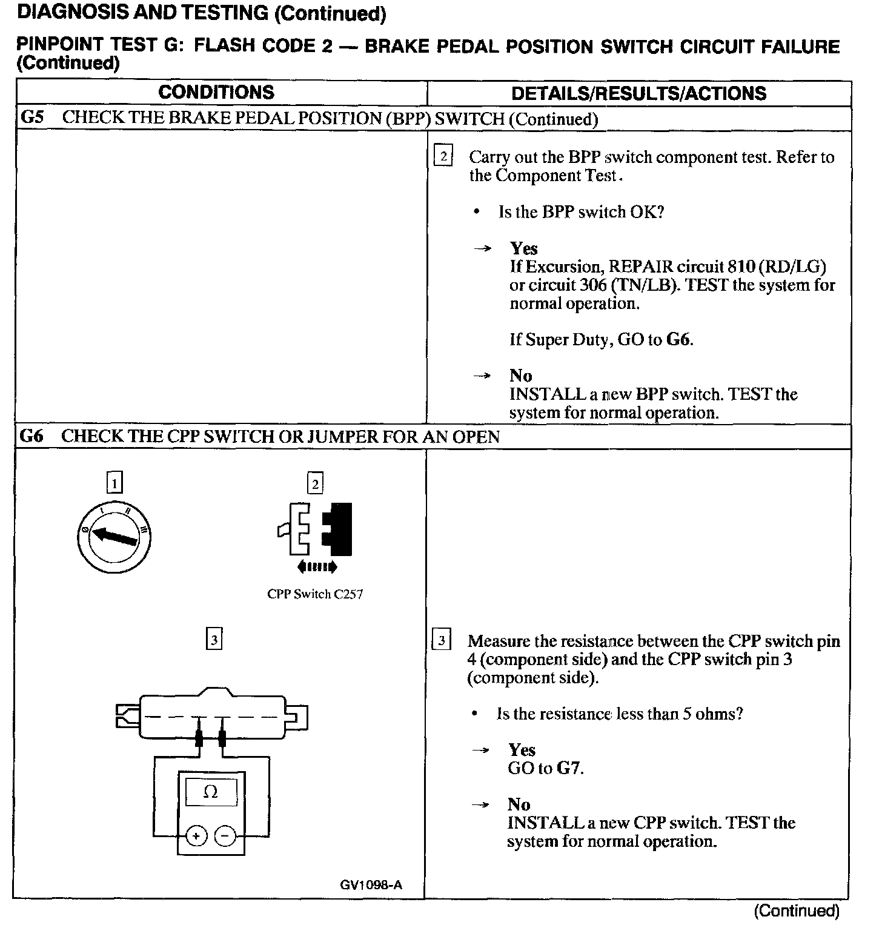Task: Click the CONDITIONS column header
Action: coord(216,93)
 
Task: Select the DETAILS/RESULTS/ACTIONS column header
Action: coord(638,93)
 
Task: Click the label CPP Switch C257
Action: coord(315,594)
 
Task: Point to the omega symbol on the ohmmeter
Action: coord(210,792)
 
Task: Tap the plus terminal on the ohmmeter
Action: coord(196,837)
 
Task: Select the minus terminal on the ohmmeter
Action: coord(225,837)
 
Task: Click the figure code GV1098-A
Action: coord(371,885)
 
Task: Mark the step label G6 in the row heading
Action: coord(31,436)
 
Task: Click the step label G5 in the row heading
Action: coord(32,118)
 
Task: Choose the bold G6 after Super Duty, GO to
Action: coord(678,339)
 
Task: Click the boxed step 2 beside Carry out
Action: coord(443,157)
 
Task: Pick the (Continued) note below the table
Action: coord(797,910)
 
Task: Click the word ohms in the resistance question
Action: coord(718,714)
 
